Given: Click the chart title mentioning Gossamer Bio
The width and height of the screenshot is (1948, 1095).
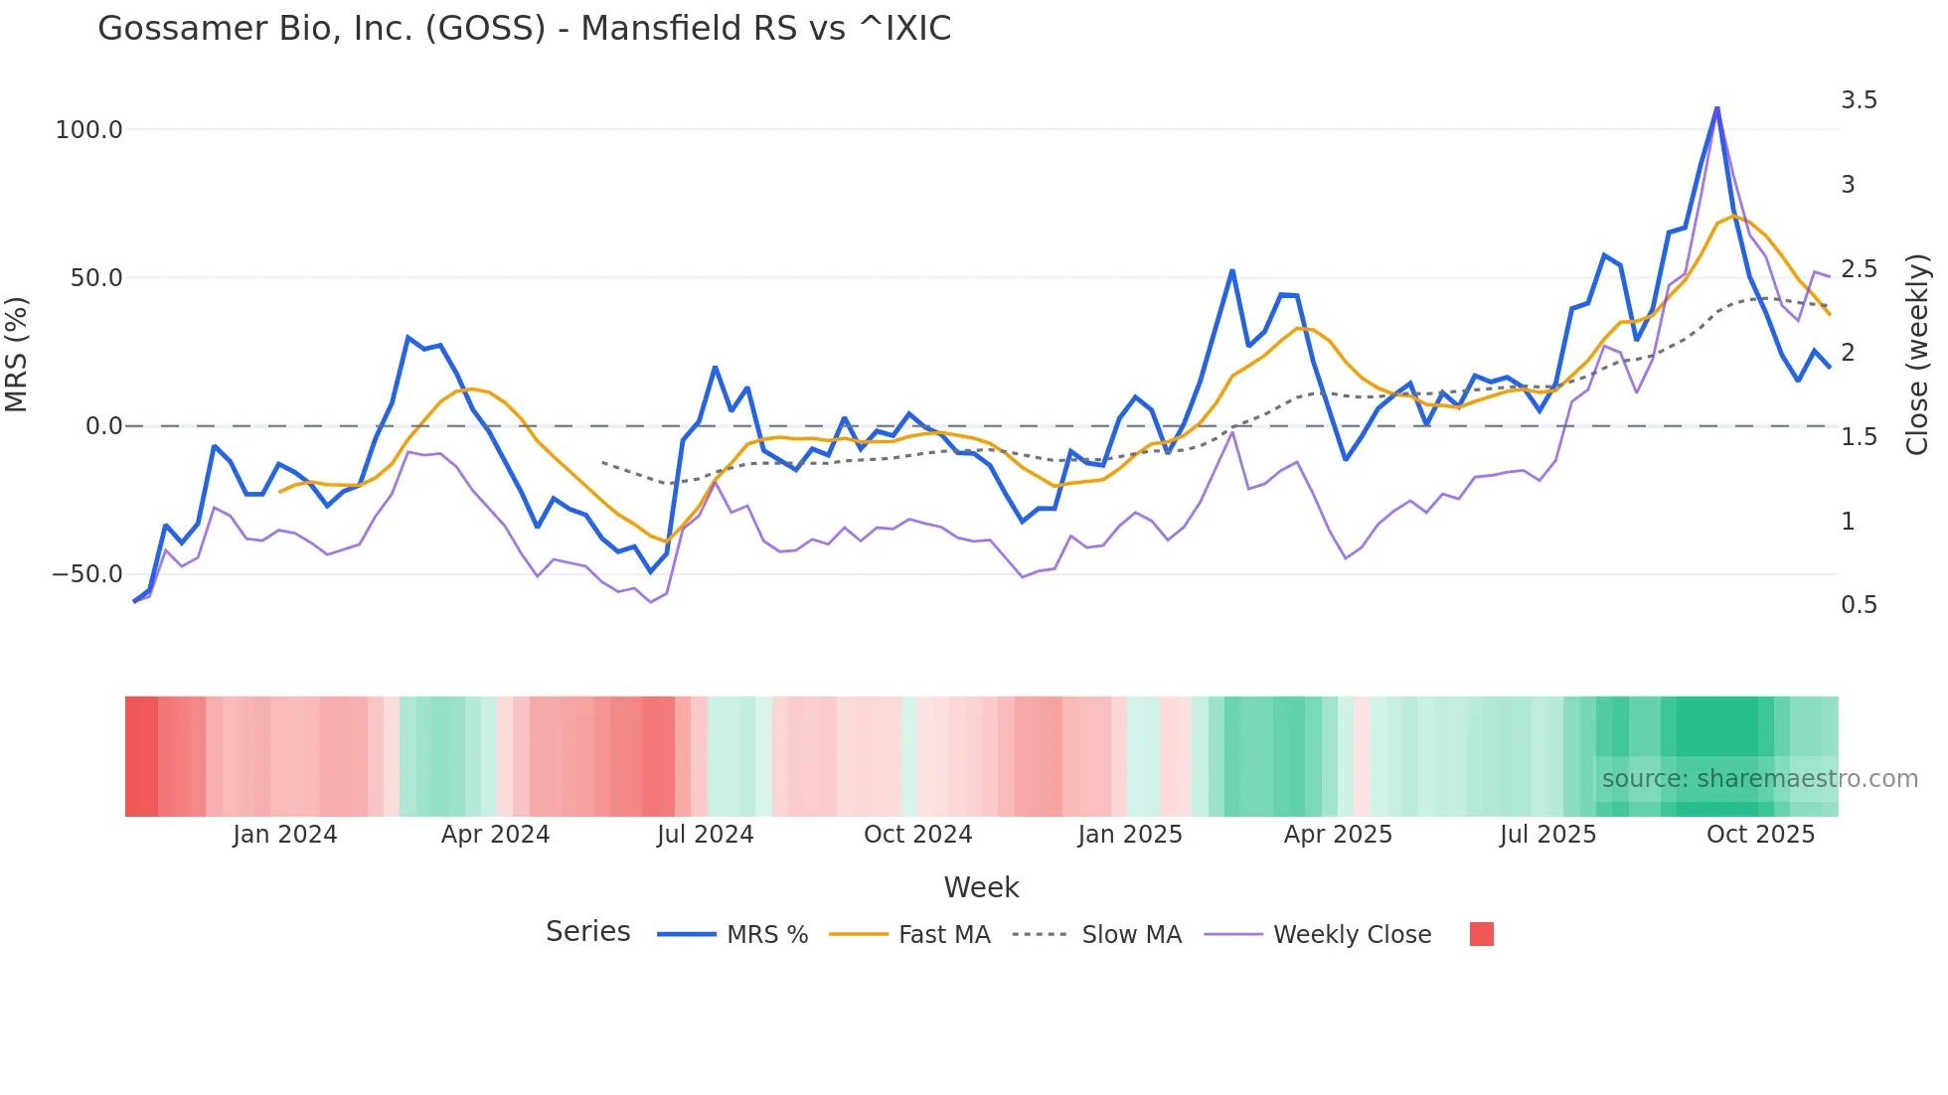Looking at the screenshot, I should [524, 29].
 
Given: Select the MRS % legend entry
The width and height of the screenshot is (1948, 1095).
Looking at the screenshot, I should [766, 935].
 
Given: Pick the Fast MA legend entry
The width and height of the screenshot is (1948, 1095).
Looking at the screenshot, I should [943, 935].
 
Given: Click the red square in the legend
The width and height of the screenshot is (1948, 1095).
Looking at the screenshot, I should [1481, 934].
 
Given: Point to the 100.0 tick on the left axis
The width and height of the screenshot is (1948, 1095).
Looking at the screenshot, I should [89, 130].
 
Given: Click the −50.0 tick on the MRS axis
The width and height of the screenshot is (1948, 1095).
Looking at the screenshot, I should [87, 574].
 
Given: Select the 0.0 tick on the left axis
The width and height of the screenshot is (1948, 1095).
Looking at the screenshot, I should [103, 426].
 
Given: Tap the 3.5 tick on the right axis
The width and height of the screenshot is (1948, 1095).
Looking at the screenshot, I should [1859, 100].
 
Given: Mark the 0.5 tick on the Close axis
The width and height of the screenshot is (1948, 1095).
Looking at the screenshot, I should [1859, 605].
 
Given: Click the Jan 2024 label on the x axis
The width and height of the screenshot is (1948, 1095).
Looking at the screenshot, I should [285, 835].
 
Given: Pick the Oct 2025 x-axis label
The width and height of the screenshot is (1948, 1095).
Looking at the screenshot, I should [1760, 835].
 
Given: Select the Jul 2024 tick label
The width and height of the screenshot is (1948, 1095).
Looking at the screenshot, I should [706, 835].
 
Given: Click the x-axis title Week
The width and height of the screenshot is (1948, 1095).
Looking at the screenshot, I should [981, 887].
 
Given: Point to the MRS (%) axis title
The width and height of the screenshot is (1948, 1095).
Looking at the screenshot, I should [17, 354].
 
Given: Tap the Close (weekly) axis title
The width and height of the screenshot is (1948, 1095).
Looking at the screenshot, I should [1917, 354].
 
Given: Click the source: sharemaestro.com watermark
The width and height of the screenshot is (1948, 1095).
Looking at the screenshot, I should [1759, 779].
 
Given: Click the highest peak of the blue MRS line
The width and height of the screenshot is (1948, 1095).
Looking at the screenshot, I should [1716, 107].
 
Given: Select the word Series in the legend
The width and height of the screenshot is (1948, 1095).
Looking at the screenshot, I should [587, 932].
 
